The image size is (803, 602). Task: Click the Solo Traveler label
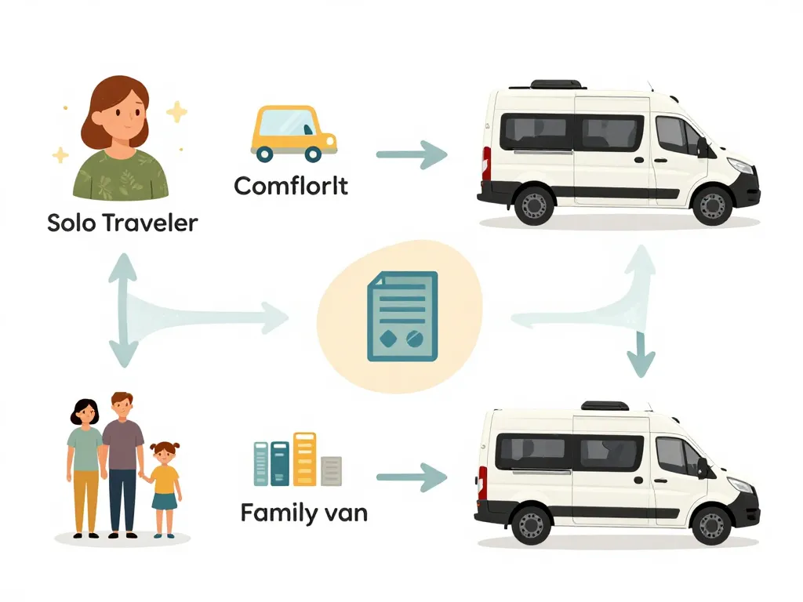tap(122, 223)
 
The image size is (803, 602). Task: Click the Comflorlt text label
tap(291, 187)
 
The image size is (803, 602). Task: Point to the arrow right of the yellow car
tap(411, 154)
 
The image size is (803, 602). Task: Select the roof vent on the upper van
tap(557, 84)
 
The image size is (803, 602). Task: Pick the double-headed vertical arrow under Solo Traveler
tap(122, 310)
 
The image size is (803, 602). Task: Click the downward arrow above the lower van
tap(641, 353)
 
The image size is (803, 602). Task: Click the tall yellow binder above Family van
tap(303, 459)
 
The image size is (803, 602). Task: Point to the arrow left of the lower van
tap(411, 477)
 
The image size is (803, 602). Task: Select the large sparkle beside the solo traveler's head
tap(177, 112)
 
